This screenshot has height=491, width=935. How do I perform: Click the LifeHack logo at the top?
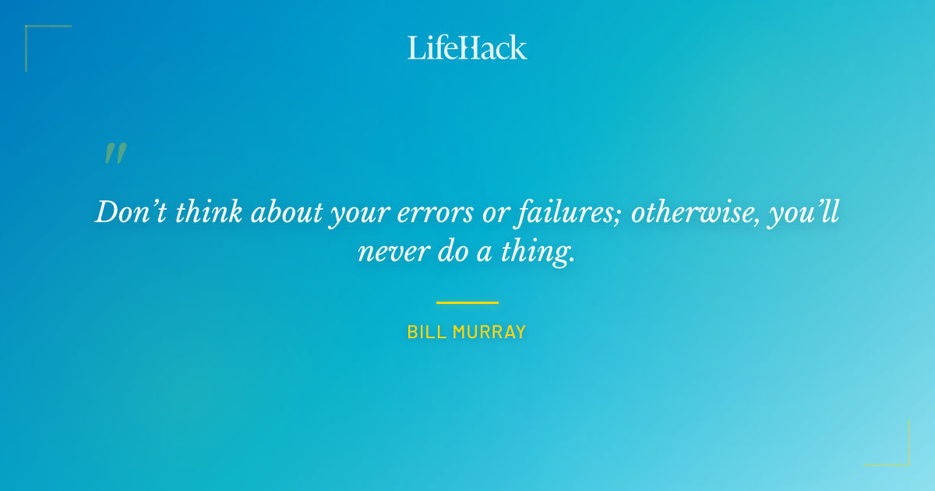pyautogui.click(x=467, y=48)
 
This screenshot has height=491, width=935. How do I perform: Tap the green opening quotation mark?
pyautogui.click(x=115, y=154)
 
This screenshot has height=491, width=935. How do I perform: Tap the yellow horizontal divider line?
pyautogui.click(x=467, y=302)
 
